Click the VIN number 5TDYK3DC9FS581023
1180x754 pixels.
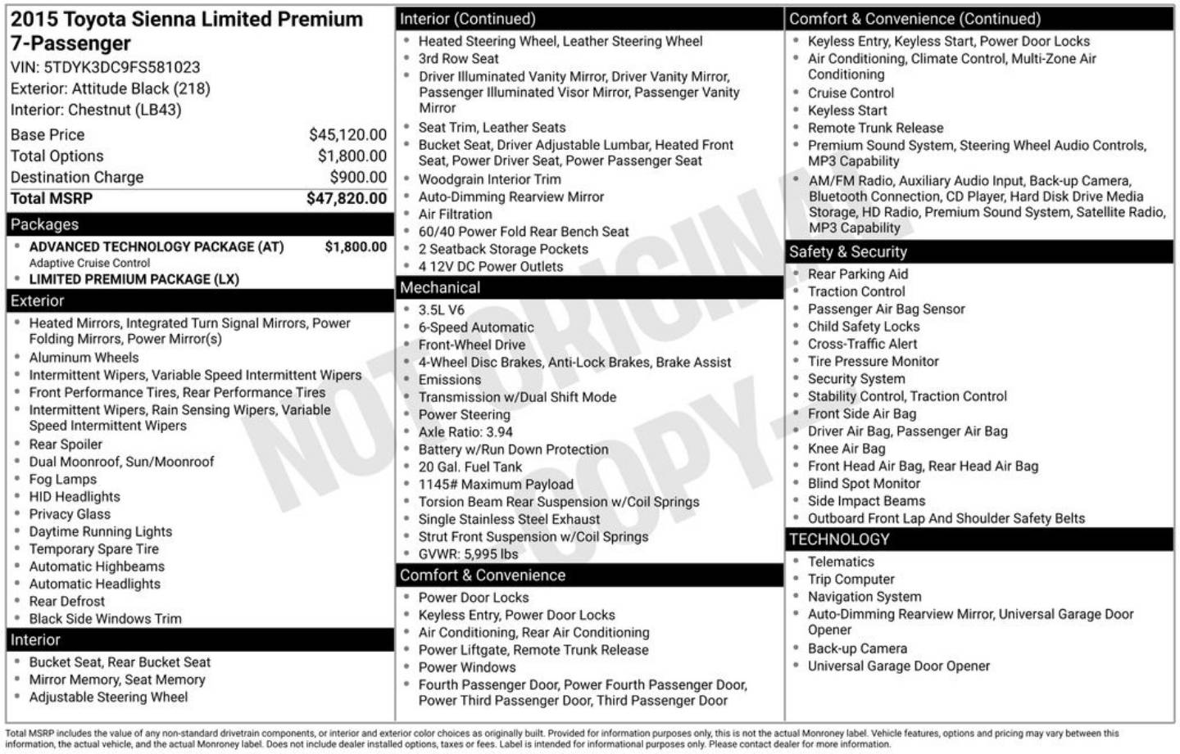click(121, 67)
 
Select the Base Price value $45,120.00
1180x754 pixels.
click(347, 135)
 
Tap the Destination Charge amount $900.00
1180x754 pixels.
click(358, 177)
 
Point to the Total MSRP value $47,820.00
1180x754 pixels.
click(346, 198)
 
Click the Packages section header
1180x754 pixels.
click(45, 224)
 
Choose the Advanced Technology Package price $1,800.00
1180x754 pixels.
click(356, 246)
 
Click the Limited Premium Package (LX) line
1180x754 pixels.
click(134, 279)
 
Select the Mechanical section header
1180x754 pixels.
click(440, 287)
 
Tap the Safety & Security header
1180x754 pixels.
click(847, 252)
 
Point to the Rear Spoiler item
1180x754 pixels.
click(66, 445)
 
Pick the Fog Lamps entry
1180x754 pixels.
click(62, 479)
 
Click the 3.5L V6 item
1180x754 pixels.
click(441, 309)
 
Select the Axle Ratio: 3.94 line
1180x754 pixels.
click(465, 431)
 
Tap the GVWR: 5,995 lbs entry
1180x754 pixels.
click(468, 554)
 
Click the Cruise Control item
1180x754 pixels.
click(851, 93)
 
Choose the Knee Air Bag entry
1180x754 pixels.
click(846, 449)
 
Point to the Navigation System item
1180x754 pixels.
click(865, 597)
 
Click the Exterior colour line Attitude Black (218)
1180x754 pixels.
click(111, 88)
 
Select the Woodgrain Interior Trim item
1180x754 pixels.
click(489, 179)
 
